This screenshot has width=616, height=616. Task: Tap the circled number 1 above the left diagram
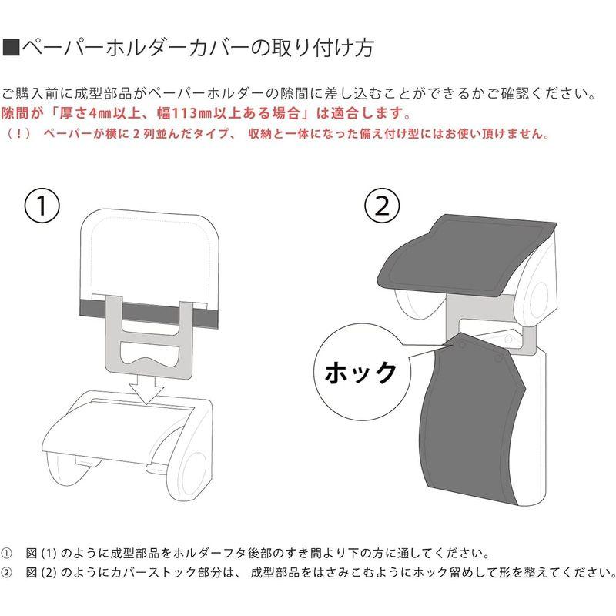(x=43, y=206)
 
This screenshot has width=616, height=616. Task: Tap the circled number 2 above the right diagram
(x=382, y=206)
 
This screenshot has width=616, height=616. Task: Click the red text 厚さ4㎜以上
(x=81, y=113)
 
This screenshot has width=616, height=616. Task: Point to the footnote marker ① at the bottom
(x=7, y=554)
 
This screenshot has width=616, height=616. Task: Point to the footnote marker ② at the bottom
(x=7, y=573)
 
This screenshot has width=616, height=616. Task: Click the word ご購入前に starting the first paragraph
(x=32, y=94)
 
